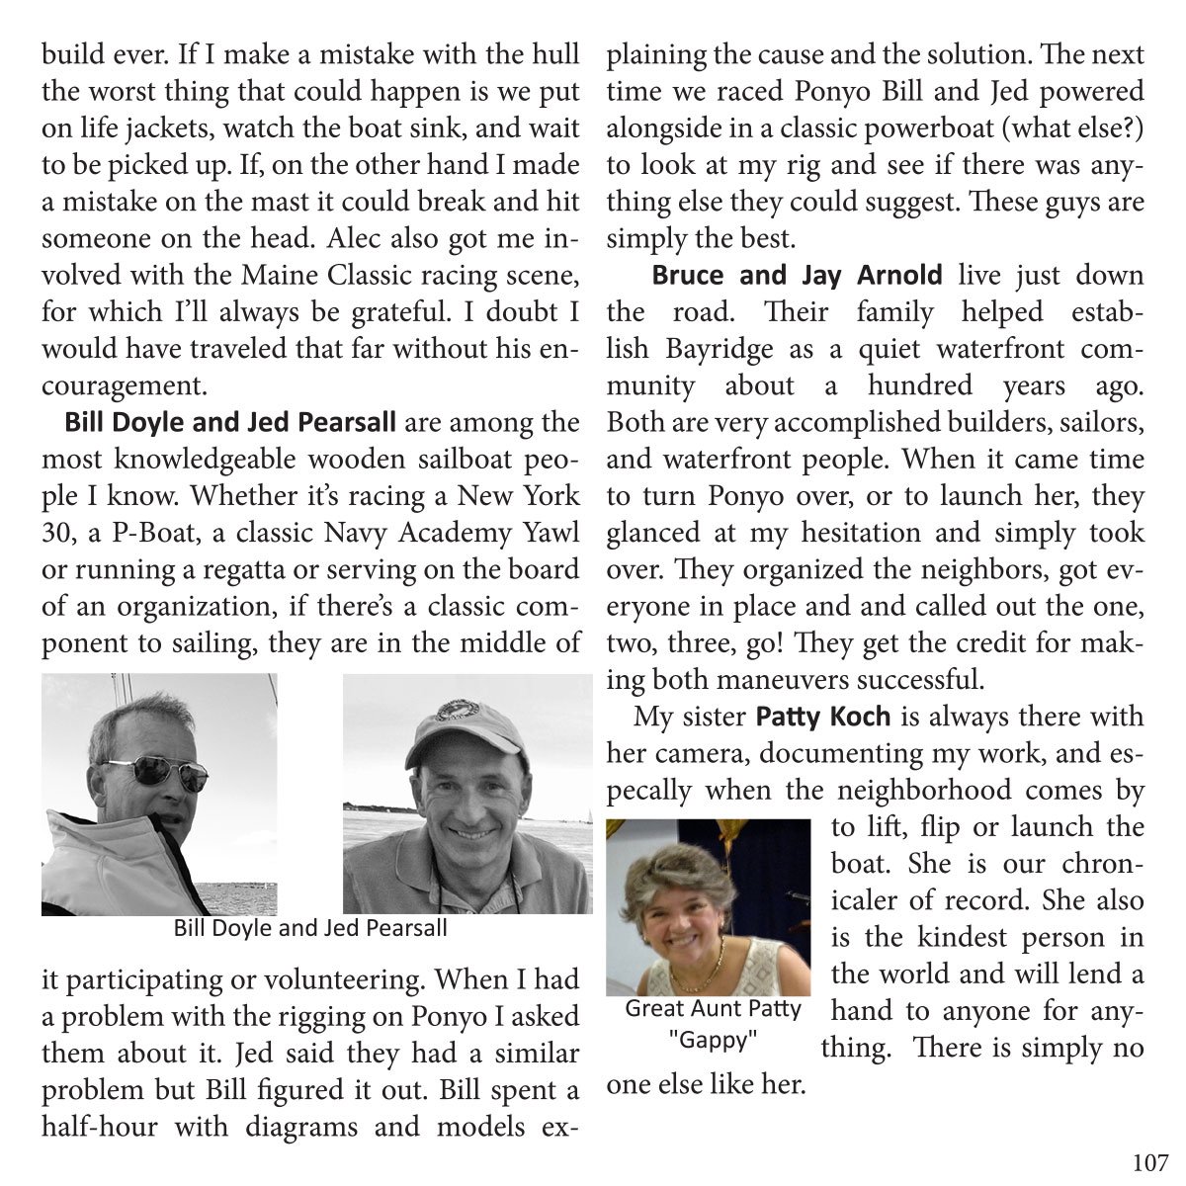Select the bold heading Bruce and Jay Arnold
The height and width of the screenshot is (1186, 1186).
click(797, 275)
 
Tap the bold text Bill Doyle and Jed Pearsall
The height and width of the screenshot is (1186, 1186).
click(229, 423)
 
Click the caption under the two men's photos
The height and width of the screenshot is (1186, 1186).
click(310, 928)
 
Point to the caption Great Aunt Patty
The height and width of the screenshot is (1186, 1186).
click(713, 1009)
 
